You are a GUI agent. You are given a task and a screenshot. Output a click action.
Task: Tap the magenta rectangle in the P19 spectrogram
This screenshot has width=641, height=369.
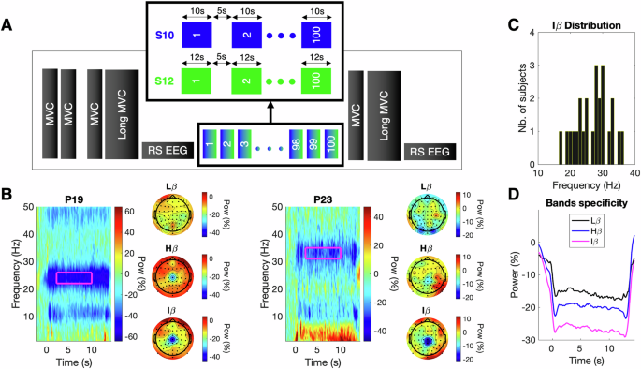click(76, 277)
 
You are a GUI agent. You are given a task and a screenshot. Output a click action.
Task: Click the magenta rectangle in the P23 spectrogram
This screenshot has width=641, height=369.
click(322, 252)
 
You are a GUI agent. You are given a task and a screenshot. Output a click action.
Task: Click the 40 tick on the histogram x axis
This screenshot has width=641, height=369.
click(634, 174)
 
